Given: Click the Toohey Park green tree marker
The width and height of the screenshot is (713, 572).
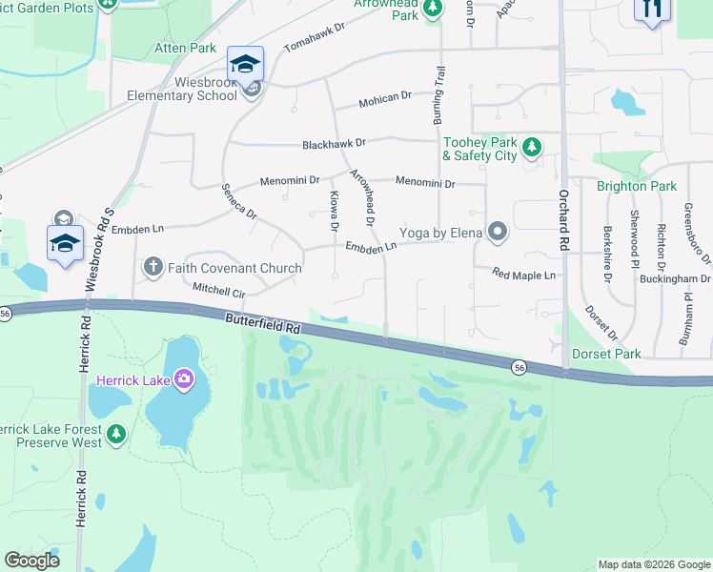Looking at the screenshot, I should click(x=532, y=147).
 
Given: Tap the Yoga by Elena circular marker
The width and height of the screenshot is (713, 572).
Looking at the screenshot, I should click(x=497, y=232).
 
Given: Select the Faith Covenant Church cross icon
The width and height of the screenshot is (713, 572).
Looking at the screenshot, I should click(x=153, y=268).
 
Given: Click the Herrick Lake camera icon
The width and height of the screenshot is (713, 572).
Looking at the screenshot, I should click(x=184, y=380).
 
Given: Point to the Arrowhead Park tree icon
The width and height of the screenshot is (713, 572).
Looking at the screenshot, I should click(x=432, y=9).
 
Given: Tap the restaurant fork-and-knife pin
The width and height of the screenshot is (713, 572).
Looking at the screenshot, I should click(x=652, y=10).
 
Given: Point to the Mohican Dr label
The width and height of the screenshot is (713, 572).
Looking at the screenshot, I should click(x=384, y=96).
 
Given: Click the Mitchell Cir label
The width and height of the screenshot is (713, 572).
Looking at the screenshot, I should click(x=219, y=288).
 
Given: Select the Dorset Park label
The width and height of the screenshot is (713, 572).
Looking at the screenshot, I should click(x=606, y=354).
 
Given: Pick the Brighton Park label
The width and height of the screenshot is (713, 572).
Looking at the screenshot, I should click(x=637, y=186).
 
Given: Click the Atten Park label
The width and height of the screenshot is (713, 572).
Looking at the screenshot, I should click(x=189, y=47).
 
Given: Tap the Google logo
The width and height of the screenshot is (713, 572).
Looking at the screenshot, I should click(x=31, y=561).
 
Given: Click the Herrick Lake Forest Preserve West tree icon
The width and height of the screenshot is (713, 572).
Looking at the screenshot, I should click(x=116, y=435).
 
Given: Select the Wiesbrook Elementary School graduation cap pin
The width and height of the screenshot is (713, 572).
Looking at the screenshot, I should click(x=245, y=65).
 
